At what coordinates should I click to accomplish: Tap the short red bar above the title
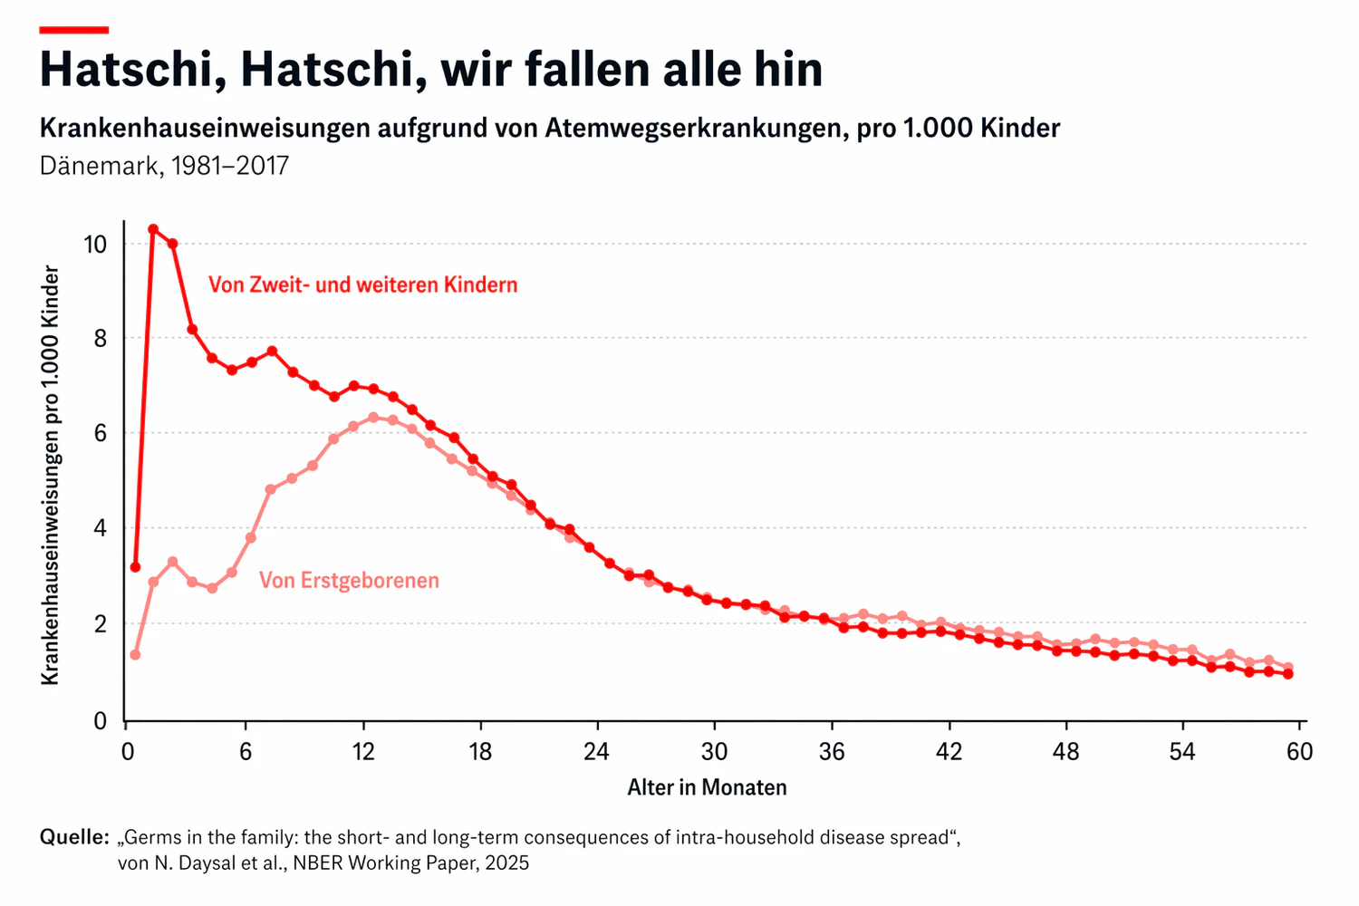tap(73, 30)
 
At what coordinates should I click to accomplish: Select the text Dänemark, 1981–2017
tap(164, 166)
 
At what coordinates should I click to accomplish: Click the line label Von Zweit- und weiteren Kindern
tap(362, 284)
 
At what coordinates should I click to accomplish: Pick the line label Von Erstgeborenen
tap(349, 580)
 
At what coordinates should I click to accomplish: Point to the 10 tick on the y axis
tap(94, 244)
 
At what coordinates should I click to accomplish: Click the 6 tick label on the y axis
tap(100, 433)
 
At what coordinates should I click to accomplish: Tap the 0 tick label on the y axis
tap(100, 721)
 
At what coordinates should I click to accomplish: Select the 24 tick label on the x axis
tap(596, 752)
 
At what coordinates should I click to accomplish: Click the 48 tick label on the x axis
tap(1066, 752)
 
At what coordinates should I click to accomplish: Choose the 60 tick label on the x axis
tap(1299, 752)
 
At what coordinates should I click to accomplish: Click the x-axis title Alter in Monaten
tap(707, 787)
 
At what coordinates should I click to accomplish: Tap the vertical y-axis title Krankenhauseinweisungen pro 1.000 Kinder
tap(51, 475)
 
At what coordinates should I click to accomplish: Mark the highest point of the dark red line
tap(153, 229)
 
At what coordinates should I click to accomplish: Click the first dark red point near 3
tap(135, 567)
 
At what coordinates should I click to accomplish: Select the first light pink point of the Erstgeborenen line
tap(135, 654)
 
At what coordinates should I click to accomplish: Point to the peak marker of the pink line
tap(373, 418)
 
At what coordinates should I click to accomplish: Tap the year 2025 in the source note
tap(506, 863)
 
